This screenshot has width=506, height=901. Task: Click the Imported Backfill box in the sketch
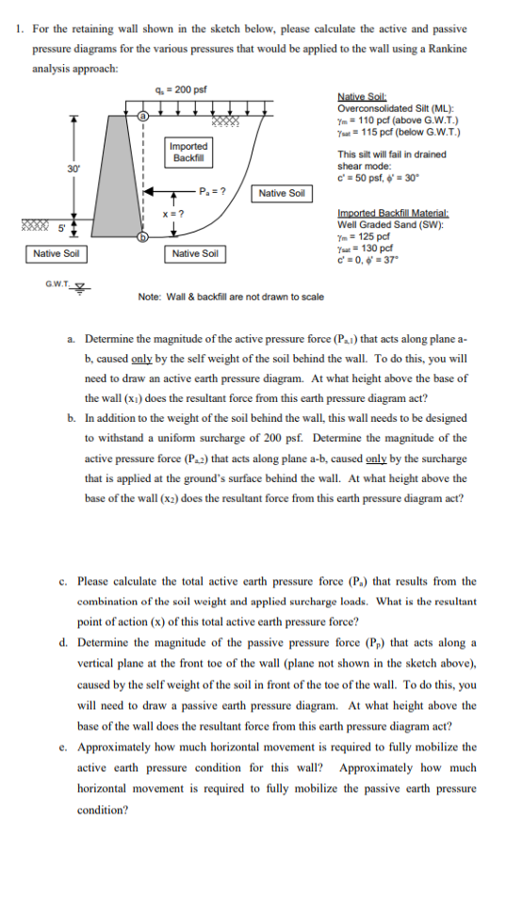tap(188, 152)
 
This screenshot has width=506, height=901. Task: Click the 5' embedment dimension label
tap(60, 227)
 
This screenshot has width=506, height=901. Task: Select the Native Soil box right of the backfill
tap(283, 193)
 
